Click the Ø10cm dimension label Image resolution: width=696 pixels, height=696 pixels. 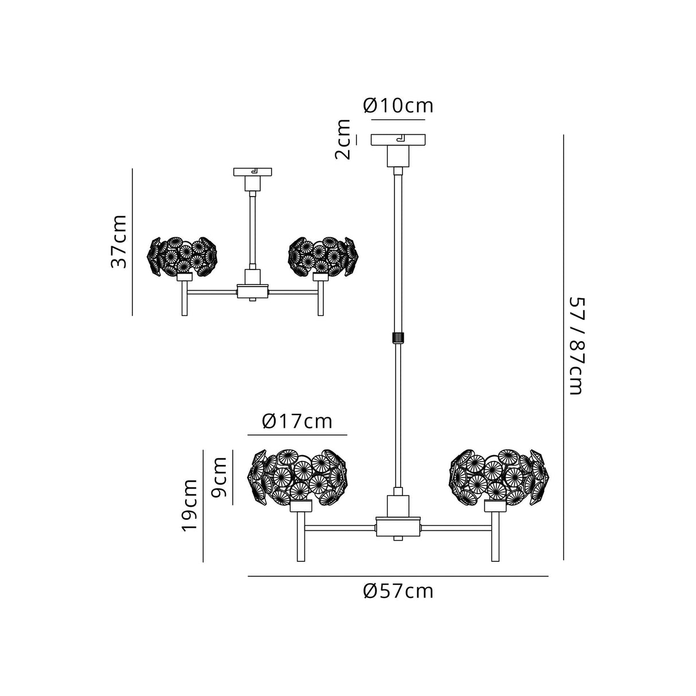coord(398,106)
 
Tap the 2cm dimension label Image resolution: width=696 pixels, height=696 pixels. coord(343,139)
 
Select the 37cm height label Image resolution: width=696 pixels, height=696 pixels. coord(119,241)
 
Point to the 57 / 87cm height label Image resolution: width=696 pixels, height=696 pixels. coord(575,346)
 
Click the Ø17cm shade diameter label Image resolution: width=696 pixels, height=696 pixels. coord(297,421)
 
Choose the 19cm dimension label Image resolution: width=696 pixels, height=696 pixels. coord(190,505)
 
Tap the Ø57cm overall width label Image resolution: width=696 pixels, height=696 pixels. coord(398,591)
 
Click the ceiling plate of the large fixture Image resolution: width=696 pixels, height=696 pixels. coord(398,140)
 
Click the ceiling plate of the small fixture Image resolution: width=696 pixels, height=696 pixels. coord(252,171)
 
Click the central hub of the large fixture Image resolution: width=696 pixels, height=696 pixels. coord(398,525)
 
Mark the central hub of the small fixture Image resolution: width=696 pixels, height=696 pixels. coord(252,292)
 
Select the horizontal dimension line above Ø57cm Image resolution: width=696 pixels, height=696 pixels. coord(398,576)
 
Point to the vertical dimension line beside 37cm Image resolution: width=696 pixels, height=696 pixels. coord(132,241)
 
